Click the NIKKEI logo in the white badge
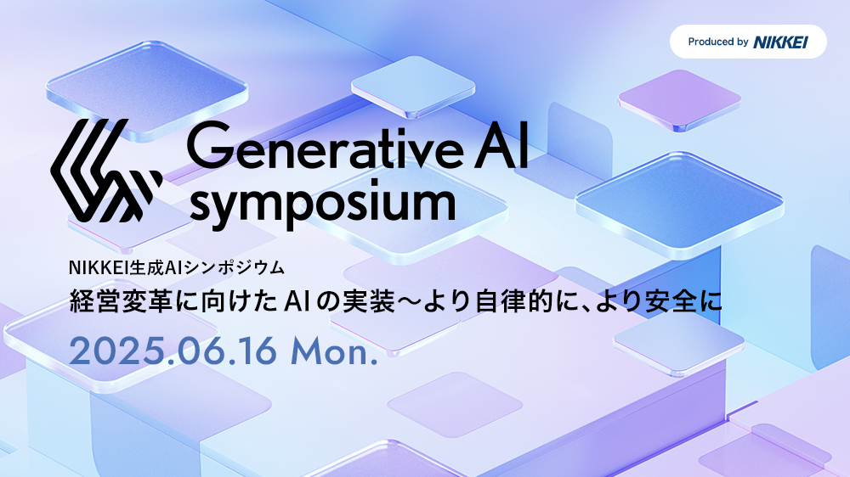coord(780,42)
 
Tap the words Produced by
coord(718,42)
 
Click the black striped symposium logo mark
coord(106,171)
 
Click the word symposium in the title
coord(322,205)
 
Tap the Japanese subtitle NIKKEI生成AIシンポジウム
coord(177,267)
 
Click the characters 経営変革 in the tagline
coord(121,301)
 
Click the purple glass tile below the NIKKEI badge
coord(679,100)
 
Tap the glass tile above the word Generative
coord(412,87)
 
